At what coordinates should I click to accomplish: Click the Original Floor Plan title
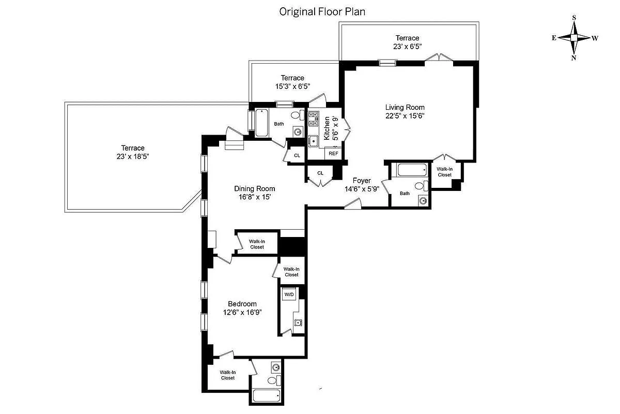click(x=322, y=11)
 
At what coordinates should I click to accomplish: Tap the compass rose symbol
click(x=574, y=38)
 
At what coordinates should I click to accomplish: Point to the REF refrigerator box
click(x=333, y=154)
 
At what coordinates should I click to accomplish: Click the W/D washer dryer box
click(x=288, y=294)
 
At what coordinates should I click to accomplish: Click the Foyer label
click(x=362, y=181)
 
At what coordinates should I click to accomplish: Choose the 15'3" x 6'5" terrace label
click(x=292, y=82)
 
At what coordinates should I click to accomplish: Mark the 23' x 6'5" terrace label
click(x=407, y=42)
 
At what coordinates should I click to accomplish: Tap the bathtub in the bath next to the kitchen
click(x=261, y=123)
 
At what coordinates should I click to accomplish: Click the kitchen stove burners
click(x=313, y=119)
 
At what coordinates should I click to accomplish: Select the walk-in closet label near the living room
click(x=444, y=172)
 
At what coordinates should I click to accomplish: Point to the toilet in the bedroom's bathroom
click(x=272, y=380)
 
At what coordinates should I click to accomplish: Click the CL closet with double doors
click(x=320, y=173)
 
